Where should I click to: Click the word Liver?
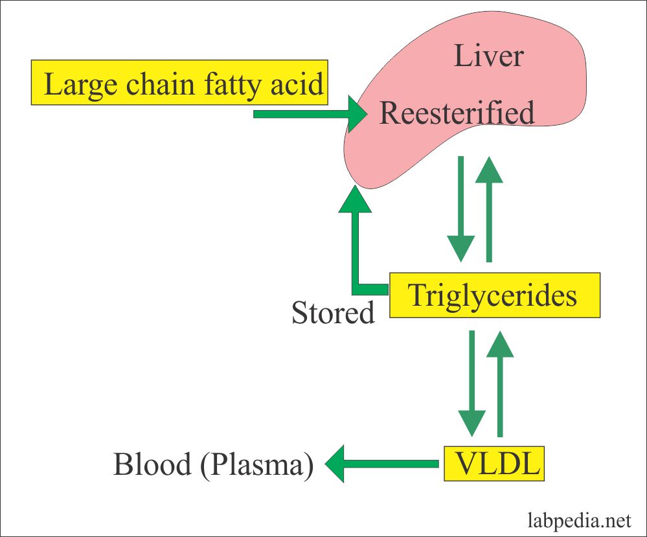click(488, 56)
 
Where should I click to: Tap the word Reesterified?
click(457, 113)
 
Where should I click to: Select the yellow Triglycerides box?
click(494, 295)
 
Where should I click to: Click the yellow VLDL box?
click(494, 463)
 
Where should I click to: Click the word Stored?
click(333, 314)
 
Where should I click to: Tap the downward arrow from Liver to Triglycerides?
click(461, 207)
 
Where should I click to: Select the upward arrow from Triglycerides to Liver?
click(490, 207)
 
